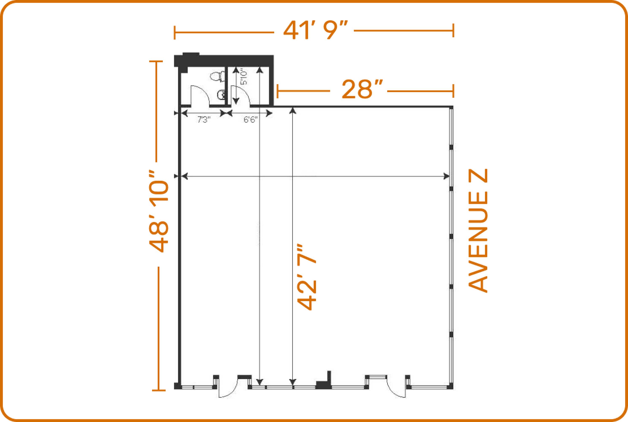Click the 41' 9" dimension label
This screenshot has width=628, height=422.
(314, 31)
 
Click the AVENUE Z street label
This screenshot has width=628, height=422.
(478, 230)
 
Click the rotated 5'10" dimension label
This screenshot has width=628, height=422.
(243, 77)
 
